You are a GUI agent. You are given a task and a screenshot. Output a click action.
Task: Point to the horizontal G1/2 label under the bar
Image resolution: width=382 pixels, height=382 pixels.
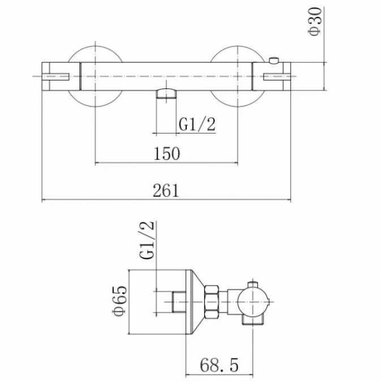[x=198, y=125]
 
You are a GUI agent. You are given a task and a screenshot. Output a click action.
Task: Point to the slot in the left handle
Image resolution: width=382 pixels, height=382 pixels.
[x=58, y=75]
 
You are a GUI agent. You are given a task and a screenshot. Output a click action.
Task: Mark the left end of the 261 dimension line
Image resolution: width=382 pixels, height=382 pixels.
[x=43, y=199]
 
